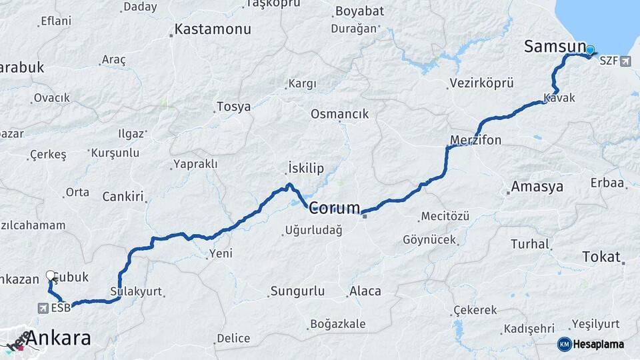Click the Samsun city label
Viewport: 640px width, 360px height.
point(555,47)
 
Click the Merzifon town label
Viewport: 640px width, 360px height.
point(475,140)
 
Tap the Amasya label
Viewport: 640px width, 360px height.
point(537,187)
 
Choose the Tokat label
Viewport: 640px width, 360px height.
point(601,257)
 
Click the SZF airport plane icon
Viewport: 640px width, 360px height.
point(625,61)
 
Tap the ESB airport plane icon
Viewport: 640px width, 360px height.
point(44,308)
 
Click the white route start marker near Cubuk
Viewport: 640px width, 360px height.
point(51,275)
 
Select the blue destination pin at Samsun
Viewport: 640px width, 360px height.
point(590,50)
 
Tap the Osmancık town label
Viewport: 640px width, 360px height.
point(339,114)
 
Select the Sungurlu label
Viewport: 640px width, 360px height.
point(297,291)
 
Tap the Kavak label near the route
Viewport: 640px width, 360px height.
point(559,98)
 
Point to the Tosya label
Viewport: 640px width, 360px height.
point(233,107)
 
